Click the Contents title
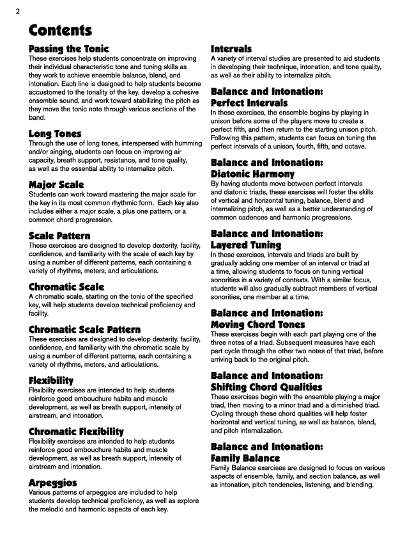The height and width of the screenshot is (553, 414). point(61,30)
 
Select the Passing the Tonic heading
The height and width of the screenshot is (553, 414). point(69,49)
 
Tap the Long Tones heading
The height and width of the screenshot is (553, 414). point(55,134)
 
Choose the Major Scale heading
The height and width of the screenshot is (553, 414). point(56,185)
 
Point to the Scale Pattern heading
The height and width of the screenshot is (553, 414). point(59,236)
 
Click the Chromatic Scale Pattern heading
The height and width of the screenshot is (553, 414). point(84,330)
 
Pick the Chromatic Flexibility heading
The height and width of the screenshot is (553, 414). point(77,431)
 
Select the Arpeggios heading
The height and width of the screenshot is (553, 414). point(52,482)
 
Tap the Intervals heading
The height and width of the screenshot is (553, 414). point(231,49)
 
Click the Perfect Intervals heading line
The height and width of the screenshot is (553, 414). point(249,103)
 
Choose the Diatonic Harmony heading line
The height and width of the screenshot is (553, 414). point(252,173)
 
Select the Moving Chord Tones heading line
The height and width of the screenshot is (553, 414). point(257,325)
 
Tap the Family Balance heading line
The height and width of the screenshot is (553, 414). point(245,458)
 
